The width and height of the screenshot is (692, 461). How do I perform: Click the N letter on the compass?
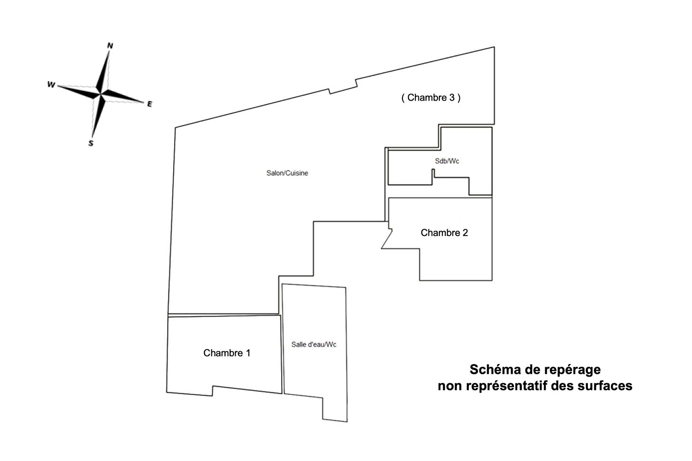[x=110, y=45]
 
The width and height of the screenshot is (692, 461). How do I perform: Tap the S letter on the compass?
[x=91, y=143]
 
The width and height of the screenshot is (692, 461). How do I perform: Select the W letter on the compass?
[x=51, y=85]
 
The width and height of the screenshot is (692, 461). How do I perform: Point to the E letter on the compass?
[x=149, y=104]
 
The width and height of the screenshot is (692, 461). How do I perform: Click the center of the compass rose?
[x=101, y=94]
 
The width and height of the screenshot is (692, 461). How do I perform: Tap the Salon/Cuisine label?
[x=287, y=173]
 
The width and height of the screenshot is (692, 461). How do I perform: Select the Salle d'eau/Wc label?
[x=314, y=344]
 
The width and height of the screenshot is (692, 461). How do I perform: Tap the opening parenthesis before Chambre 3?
[x=403, y=97]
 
